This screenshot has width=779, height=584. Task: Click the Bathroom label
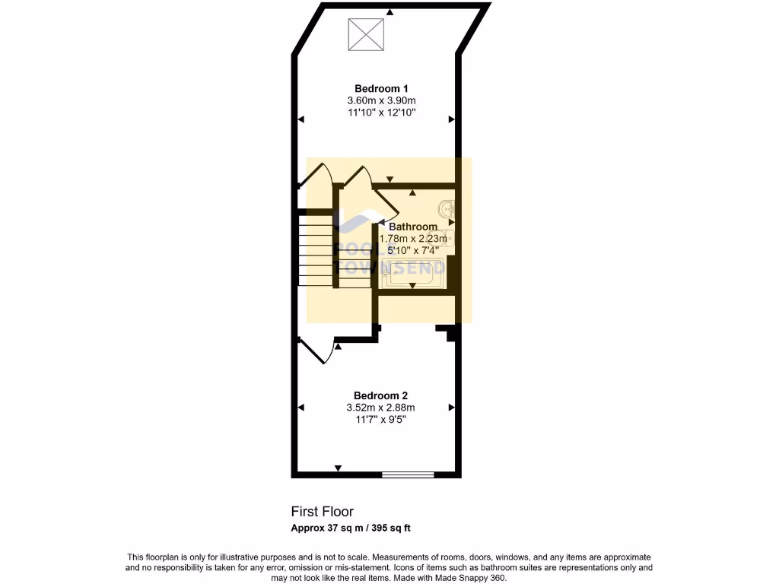point(413,227)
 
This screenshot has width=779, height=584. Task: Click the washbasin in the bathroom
point(447,207)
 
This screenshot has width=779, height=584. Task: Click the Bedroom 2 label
point(380,395)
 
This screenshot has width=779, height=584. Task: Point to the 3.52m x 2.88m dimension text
point(380,408)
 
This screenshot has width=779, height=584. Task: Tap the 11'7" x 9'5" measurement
point(380,420)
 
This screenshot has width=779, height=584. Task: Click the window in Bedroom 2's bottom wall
point(408,475)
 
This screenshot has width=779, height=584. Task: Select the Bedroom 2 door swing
point(317,351)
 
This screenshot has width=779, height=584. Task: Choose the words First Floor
point(323,512)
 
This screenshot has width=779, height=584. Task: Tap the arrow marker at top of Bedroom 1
point(389,11)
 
